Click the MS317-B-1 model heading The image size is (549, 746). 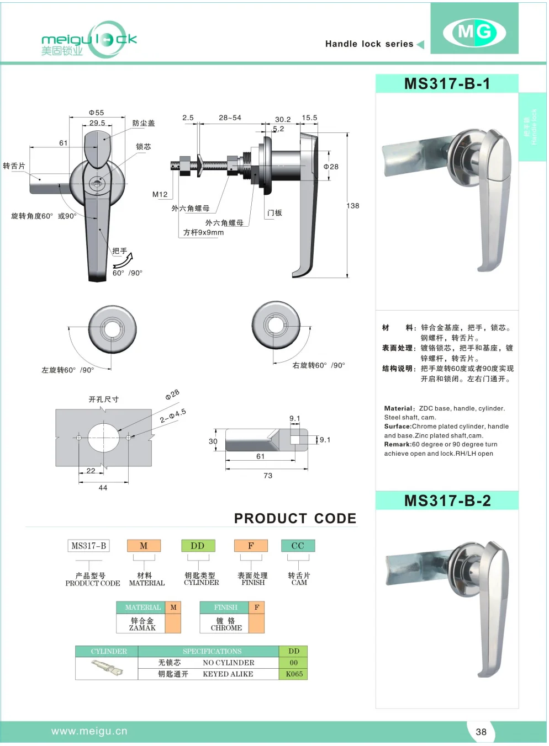pyautogui.click(x=447, y=84)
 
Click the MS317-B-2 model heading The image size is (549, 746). pyautogui.click(x=447, y=501)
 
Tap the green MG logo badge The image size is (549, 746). pyautogui.click(x=474, y=31)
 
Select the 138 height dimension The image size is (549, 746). pyautogui.click(x=353, y=206)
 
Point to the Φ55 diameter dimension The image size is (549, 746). pyautogui.click(x=97, y=113)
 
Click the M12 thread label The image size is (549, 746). pyautogui.click(x=160, y=194)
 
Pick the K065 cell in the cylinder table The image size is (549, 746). pyautogui.click(x=294, y=674)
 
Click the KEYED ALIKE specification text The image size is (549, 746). pyautogui.click(x=228, y=674)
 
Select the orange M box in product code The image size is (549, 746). pyautogui.click(x=144, y=546)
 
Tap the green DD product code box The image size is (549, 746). pyautogui.click(x=198, y=546)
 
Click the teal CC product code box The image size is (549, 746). pyautogui.click(x=298, y=546)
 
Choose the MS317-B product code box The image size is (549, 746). pyautogui.click(x=88, y=546)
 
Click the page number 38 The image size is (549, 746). pyautogui.click(x=481, y=732)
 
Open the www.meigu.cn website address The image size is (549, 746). pyautogui.click(x=89, y=731)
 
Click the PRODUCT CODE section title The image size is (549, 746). pyautogui.click(x=295, y=519)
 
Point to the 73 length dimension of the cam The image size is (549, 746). pyautogui.click(x=268, y=476)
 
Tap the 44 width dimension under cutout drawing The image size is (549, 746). pyautogui.click(x=103, y=488)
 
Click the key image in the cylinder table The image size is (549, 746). pyautogui.click(x=107, y=668)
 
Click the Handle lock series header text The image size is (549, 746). pyautogui.click(x=369, y=44)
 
